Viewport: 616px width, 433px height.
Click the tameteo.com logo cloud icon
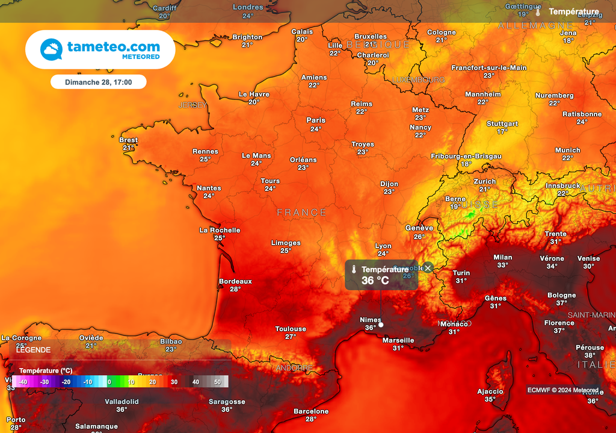pos(51,49)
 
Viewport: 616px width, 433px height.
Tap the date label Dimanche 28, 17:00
pos(98,82)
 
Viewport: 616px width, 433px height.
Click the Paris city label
pos(316,120)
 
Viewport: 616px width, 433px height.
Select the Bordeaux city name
pos(235,281)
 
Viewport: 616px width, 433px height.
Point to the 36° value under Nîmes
pos(371,328)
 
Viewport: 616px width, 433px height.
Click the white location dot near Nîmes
pos(381,325)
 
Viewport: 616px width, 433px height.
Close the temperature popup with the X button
pos(428,268)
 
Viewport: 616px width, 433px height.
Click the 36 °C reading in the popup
pos(375,281)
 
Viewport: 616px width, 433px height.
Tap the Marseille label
pos(398,340)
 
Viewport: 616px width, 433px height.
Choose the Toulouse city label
pos(291,329)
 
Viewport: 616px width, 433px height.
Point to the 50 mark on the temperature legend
pos(217,382)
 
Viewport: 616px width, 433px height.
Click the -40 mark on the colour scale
pos(23,382)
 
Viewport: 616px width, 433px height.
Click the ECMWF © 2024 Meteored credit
pos(563,390)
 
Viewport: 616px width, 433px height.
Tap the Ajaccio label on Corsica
pos(490,391)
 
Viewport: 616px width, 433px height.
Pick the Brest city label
pos(128,140)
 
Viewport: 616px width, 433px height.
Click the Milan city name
pos(503,257)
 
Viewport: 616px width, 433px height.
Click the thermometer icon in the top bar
pos(538,11)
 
